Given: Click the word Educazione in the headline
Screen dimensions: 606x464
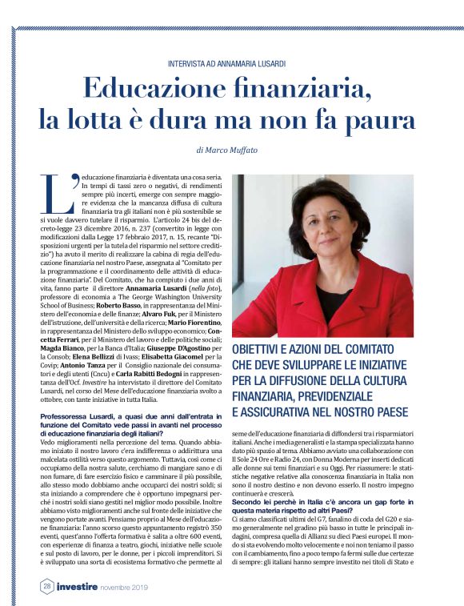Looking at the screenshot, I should [x=158, y=89].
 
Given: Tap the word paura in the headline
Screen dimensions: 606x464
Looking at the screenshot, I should [x=379, y=119].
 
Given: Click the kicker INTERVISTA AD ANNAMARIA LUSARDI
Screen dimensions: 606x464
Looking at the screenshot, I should [x=231, y=63].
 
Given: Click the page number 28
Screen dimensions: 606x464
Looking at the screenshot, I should [x=47, y=585].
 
